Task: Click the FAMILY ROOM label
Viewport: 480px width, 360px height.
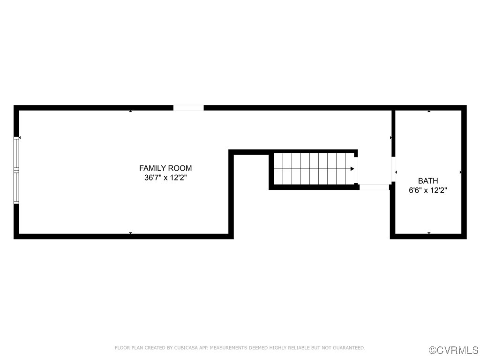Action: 165,168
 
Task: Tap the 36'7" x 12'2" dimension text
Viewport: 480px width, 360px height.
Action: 165,178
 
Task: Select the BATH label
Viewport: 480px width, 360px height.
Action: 428,181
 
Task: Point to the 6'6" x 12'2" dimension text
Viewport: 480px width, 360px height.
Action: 428,191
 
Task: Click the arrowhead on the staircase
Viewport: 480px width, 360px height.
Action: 352,169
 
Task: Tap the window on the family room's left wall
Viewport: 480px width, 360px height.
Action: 16,170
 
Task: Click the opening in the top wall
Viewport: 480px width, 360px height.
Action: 188,108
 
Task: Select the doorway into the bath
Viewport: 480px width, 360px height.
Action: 393,172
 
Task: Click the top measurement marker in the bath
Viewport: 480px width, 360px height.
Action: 429,111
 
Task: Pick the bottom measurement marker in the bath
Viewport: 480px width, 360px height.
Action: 429,233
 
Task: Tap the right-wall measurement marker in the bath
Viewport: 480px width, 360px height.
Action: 461,172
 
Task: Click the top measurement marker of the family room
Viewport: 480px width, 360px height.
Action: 130,111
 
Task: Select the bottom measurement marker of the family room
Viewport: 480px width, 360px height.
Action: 130,233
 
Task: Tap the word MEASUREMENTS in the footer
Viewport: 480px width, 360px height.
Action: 227,348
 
